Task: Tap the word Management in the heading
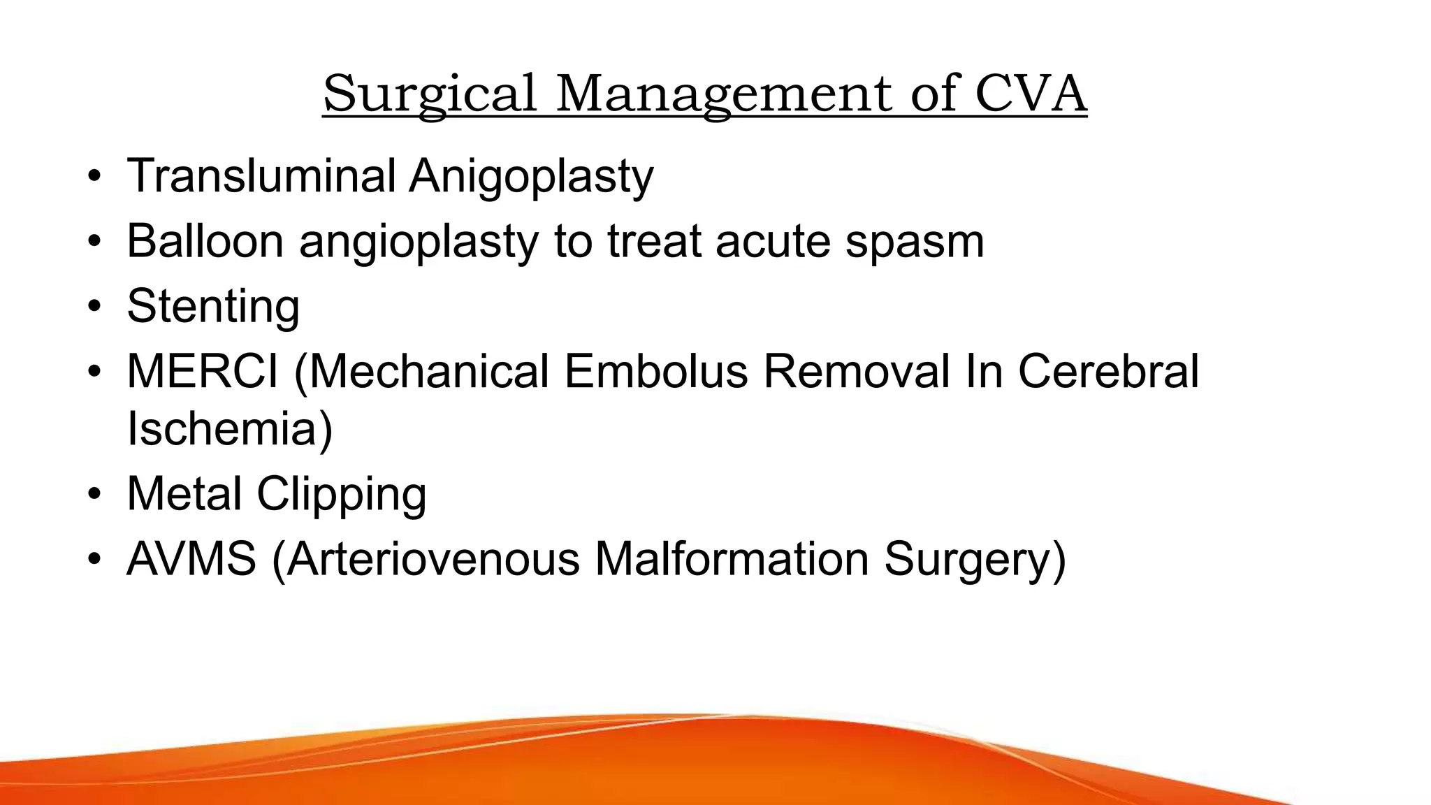pyautogui.click(x=723, y=94)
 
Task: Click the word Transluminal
pyautogui.click(x=261, y=175)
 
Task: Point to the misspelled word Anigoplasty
pyautogui.click(x=531, y=177)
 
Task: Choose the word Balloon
pyautogui.click(x=205, y=240)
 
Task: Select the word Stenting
pyautogui.click(x=213, y=307)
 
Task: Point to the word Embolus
pyautogui.click(x=656, y=371)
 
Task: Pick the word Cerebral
pyautogui.click(x=1108, y=371)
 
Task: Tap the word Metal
pyautogui.click(x=184, y=494)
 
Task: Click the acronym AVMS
pyautogui.click(x=191, y=559)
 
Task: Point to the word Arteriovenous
pyautogui.click(x=433, y=559)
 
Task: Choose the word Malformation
pyautogui.click(x=732, y=559)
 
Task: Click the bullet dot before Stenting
pyautogui.click(x=95, y=307)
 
